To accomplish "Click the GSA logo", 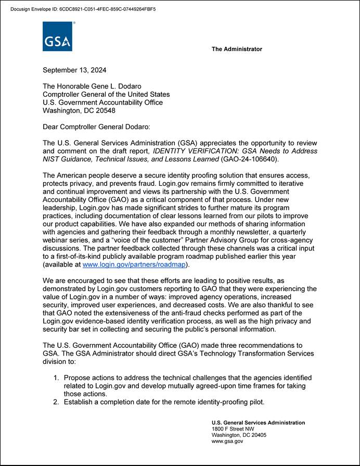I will point(57,36).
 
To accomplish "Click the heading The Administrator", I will point(237,49).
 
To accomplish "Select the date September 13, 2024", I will point(75,70).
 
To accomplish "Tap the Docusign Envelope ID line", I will point(83,9).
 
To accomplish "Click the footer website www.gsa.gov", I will point(227,441).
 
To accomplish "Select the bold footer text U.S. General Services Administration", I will point(258,422).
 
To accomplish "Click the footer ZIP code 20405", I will point(258,435).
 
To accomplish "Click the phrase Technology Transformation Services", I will point(247,354).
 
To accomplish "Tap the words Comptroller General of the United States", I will point(106,94).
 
